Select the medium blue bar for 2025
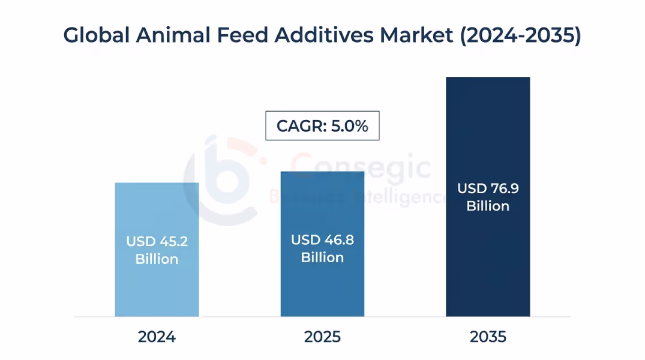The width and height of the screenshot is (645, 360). coord(322,288)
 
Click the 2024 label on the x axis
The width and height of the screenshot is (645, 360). coord(157,337)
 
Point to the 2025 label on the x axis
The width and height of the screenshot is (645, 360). coord(322,337)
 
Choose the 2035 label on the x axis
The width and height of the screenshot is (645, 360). coord(488,337)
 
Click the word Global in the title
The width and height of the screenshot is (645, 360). coord(96,35)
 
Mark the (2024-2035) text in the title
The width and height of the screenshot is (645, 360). coord(520,36)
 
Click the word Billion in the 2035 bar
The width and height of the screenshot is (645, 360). coord(488,206)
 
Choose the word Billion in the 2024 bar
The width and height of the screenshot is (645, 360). coord(157,259)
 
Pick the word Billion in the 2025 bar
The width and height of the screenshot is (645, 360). coord(322,257)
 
